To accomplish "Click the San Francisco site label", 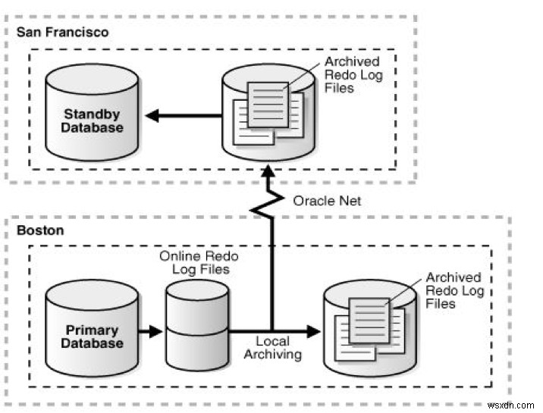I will coord(63,33).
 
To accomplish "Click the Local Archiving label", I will coord(278,349).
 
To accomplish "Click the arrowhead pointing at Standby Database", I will coord(153,116).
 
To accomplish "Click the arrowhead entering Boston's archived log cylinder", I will coord(312,331).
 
